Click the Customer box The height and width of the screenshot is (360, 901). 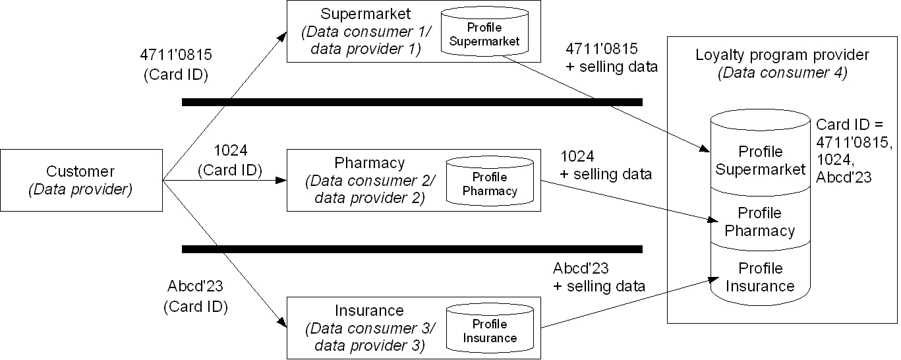(x=81, y=180)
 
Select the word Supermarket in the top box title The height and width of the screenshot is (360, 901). (x=365, y=14)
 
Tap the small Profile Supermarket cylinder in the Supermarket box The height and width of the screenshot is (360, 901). (x=484, y=34)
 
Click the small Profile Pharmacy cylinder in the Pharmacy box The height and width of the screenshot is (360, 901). (x=490, y=183)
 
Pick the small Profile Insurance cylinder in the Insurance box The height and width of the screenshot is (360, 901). (x=490, y=330)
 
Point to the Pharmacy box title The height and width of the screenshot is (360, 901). (x=370, y=163)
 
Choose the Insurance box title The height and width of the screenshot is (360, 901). (x=369, y=311)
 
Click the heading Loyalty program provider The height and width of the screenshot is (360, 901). (x=782, y=55)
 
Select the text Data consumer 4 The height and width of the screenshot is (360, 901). (x=782, y=73)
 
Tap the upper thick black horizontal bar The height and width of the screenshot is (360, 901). (x=411, y=102)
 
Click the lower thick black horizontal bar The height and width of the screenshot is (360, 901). (x=411, y=249)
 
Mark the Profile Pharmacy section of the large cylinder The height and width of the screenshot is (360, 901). (x=760, y=222)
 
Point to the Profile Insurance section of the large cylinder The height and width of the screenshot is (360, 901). (x=760, y=278)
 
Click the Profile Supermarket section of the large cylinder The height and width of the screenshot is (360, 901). (x=760, y=160)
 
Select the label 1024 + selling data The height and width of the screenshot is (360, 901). (x=606, y=165)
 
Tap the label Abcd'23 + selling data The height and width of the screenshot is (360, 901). (x=599, y=278)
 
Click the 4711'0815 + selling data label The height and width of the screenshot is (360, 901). (x=611, y=57)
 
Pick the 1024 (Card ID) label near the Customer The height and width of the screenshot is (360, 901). (x=230, y=160)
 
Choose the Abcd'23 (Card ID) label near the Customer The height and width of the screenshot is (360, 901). (x=195, y=297)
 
